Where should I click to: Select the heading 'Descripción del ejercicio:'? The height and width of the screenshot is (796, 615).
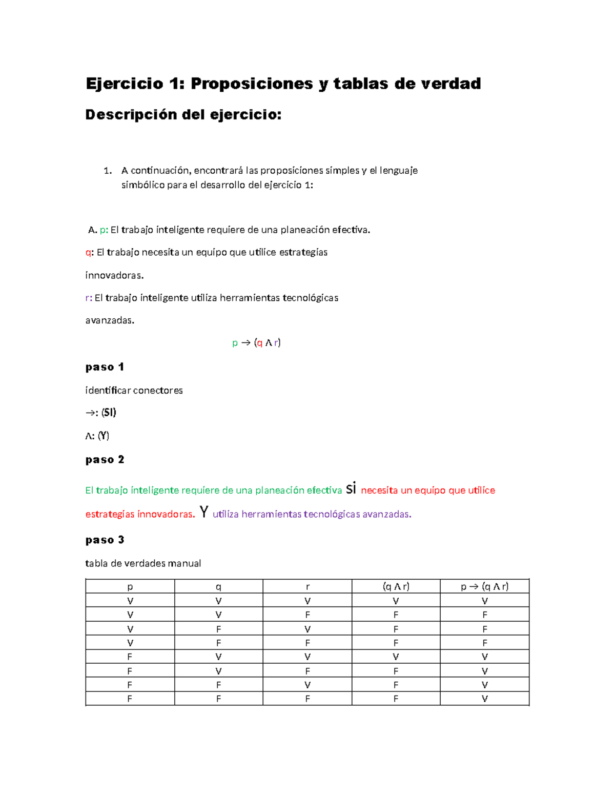(183, 115)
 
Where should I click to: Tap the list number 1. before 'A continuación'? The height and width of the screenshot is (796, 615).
(107, 171)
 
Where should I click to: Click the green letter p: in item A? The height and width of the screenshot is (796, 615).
(104, 230)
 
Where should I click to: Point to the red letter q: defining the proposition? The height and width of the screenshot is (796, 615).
(89, 252)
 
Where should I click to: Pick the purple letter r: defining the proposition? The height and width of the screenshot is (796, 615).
(89, 298)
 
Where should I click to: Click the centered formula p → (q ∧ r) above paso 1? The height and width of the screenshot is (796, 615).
(256, 343)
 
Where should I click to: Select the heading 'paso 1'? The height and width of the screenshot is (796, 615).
(105, 367)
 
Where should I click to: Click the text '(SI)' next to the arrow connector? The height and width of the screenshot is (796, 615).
(109, 413)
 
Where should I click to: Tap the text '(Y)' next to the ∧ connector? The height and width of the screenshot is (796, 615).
(103, 436)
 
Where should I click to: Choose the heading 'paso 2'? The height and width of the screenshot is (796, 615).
(105, 459)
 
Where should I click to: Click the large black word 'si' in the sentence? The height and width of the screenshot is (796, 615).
(351, 489)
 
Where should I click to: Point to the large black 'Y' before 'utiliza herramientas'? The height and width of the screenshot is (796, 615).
(204, 512)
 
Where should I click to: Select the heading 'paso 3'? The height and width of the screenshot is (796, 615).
(105, 540)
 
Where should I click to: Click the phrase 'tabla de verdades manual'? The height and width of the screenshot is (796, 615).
(143, 563)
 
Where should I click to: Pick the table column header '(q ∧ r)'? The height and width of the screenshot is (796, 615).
(396, 587)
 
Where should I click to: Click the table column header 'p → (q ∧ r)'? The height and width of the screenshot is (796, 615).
(484, 587)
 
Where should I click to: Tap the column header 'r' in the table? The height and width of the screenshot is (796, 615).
(307, 587)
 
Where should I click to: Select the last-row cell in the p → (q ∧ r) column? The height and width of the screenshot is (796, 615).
(484, 699)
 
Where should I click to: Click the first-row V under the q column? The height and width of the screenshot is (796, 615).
(218, 601)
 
